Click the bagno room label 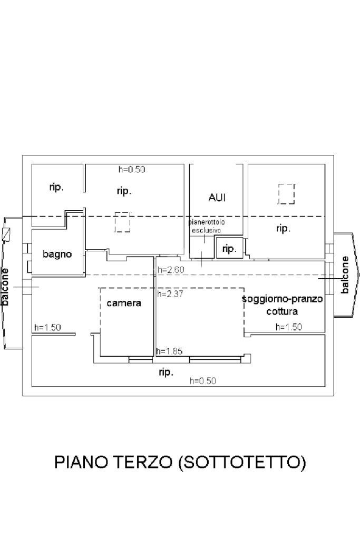57,254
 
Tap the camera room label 124,303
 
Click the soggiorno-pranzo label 283,299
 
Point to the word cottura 282,311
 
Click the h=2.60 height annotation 171,270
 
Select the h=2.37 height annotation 171,294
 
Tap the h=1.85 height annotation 169,351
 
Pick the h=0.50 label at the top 132,169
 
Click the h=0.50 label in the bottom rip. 203,380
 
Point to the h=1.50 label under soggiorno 288,327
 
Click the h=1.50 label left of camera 47,327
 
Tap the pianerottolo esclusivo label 207,226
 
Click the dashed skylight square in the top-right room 286,194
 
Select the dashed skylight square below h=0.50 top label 122,222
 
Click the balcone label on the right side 345,275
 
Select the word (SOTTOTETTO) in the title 242,463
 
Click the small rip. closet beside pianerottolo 229,248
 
